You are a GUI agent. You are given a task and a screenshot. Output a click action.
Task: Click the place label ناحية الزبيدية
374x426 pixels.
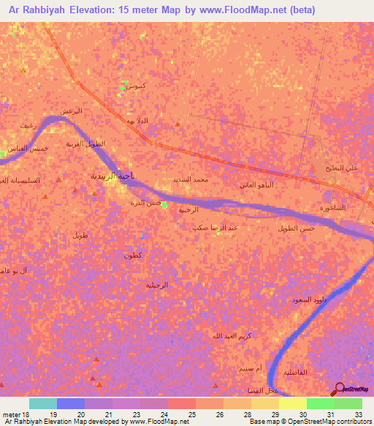[x=93, y=176]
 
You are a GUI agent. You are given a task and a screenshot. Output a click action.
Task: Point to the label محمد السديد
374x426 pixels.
[x=191, y=179]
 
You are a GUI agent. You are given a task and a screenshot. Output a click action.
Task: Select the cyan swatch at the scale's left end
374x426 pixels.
[x=42, y=403]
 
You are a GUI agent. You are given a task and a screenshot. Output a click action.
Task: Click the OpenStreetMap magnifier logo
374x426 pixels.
[x=338, y=389]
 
